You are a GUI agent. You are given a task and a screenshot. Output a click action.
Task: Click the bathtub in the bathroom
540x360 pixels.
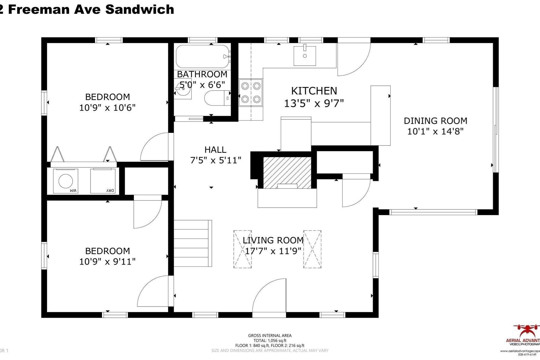tap(202, 56)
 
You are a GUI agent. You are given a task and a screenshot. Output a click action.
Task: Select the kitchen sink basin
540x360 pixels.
tap(304, 56)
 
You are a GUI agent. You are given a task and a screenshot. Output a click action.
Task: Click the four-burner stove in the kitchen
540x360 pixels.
tap(250, 92)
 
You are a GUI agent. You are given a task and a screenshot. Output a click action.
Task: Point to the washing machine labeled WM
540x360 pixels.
tap(65, 181)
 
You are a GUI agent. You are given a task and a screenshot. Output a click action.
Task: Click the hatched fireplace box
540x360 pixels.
tap(287, 173)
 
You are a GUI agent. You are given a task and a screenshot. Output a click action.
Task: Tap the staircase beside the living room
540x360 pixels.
tap(192, 243)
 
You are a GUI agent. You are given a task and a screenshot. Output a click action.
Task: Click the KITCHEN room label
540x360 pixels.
tap(314, 91)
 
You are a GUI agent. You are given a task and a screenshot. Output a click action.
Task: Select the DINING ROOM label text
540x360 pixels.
tap(435, 121)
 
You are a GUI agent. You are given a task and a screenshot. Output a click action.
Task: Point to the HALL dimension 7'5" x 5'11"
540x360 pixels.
tap(216, 160)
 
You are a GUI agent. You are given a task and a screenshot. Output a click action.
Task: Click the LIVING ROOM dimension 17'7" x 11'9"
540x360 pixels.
tap(273, 251)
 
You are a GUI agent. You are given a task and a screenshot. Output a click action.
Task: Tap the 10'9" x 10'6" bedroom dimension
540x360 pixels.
tap(107, 107)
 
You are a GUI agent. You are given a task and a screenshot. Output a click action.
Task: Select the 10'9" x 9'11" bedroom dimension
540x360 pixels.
tap(107, 262)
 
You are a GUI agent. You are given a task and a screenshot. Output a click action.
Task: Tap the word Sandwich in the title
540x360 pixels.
tap(139, 10)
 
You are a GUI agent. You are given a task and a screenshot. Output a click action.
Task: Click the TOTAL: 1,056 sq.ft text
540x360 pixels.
tap(270, 340)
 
